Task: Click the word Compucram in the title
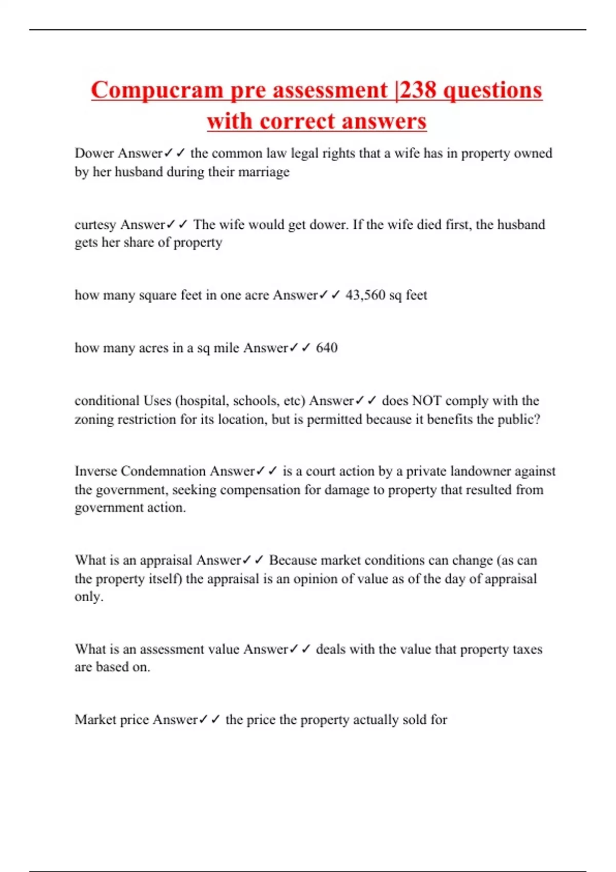[x=157, y=90]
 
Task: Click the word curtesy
[x=95, y=225]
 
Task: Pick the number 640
[x=326, y=348]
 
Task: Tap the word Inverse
[x=95, y=471]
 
